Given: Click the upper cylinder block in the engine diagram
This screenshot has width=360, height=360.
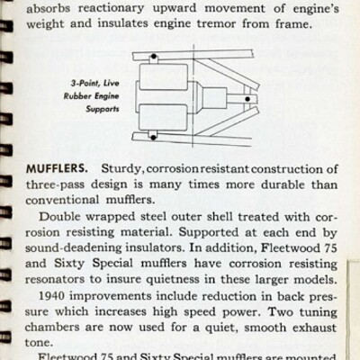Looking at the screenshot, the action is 162,82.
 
